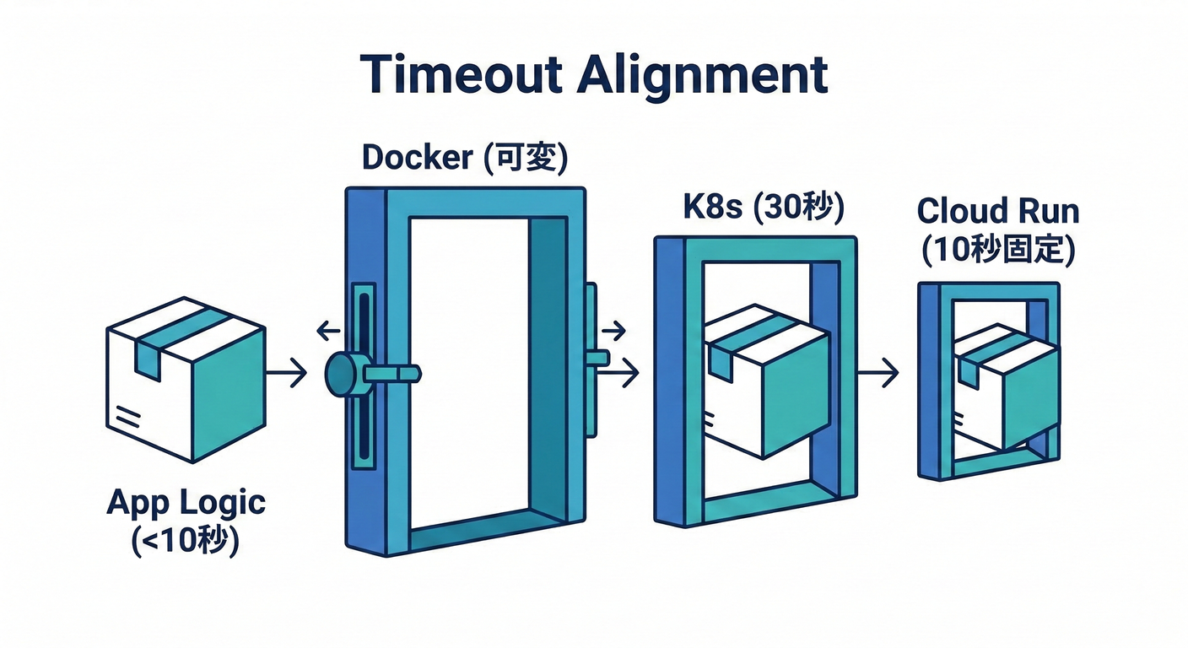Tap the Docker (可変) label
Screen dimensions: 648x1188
[x=463, y=157]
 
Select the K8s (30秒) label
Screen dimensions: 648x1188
[x=764, y=208]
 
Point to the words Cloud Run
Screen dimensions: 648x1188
[x=997, y=209]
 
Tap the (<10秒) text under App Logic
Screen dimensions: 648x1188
[x=186, y=540]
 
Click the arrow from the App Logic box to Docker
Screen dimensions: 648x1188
[x=287, y=372]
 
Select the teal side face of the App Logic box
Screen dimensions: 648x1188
[x=229, y=393]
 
